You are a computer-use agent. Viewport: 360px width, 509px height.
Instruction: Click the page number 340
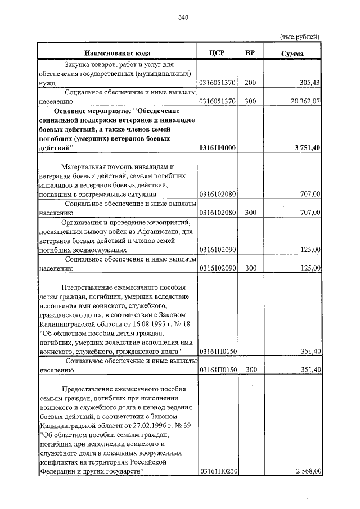182,17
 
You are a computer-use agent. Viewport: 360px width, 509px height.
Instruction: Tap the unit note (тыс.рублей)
300,37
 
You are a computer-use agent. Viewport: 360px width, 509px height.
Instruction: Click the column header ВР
250,53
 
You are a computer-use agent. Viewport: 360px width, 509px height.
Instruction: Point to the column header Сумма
292,53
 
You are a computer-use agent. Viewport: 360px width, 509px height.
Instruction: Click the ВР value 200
250,83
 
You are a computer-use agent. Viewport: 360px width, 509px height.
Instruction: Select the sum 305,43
309,83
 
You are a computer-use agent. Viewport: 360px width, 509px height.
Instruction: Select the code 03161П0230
217,471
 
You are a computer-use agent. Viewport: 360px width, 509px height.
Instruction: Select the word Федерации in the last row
58,471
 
